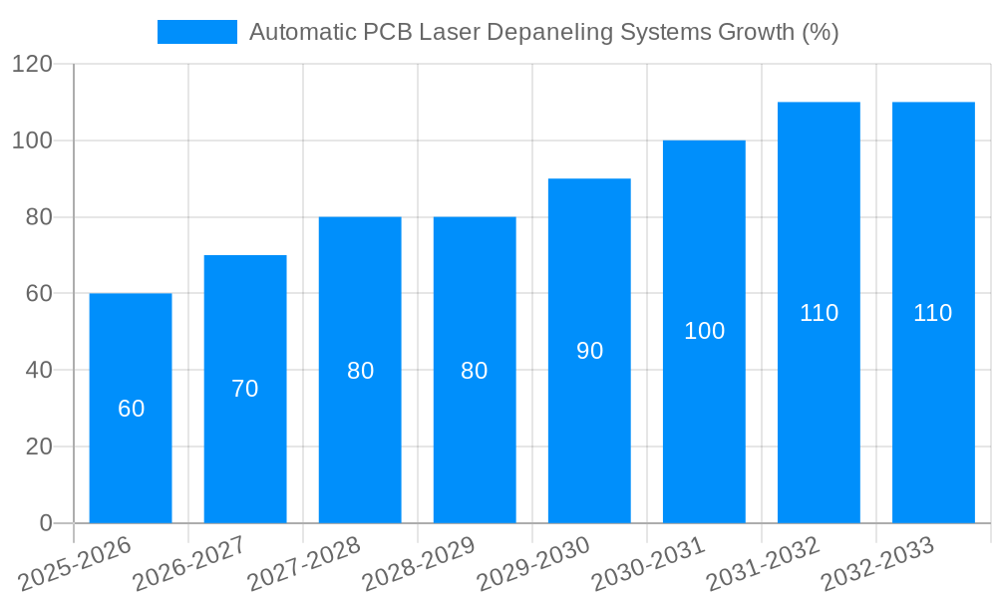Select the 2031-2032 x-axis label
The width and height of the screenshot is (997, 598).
[764, 563]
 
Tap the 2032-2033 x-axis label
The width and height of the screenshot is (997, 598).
[878, 563]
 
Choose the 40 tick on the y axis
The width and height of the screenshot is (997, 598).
[39, 370]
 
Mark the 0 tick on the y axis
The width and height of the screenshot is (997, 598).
[45, 523]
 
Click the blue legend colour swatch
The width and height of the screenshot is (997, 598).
[197, 32]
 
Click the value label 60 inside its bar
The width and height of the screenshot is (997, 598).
[131, 409]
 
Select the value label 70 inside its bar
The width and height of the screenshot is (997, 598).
[245, 390]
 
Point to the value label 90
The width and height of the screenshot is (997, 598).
[589, 351]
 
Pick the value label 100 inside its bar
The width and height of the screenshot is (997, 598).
[704, 332]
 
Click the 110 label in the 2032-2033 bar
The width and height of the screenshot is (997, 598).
[933, 313]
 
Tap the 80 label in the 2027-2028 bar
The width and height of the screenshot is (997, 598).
[360, 371]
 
